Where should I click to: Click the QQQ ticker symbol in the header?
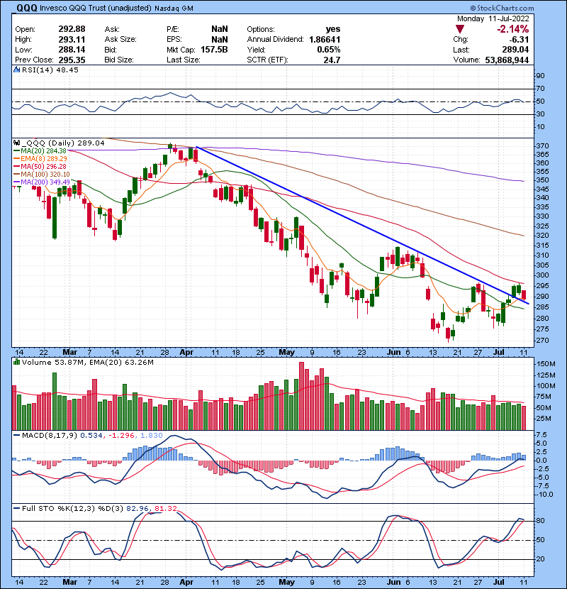pyautogui.click(x=18, y=8)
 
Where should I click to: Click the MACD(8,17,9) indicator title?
pyautogui.click(x=43, y=434)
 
